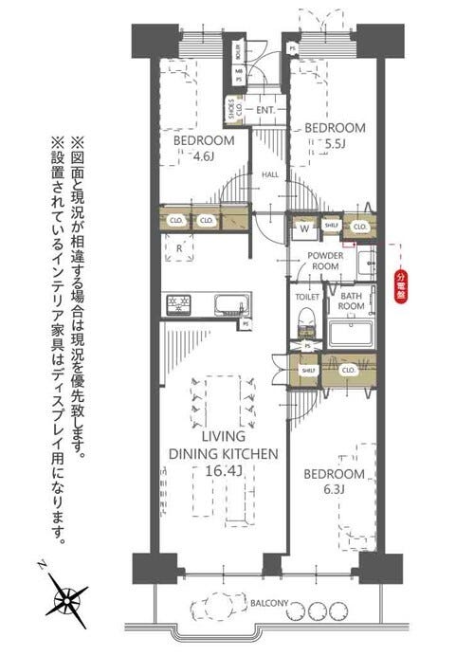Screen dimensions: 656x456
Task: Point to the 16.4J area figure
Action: pyautogui.click(x=223, y=470)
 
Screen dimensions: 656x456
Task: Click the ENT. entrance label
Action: pyautogui.click(x=265, y=111)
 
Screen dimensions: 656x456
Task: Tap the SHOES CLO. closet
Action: pyautogui.click(x=232, y=109)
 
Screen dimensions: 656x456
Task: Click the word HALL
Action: pyautogui.click(x=270, y=174)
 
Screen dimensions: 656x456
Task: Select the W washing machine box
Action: pyautogui.click(x=304, y=227)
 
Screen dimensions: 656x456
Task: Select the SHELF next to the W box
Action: pyautogui.click(x=332, y=226)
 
